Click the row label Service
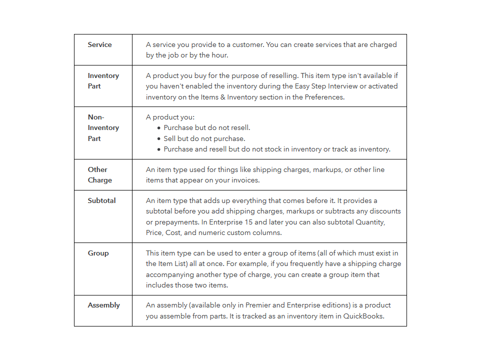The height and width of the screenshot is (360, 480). tap(99, 44)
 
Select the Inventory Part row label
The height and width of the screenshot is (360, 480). tap(103, 81)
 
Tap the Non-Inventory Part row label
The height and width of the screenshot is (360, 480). tap(103, 127)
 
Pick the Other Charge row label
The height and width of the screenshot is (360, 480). tap(99, 174)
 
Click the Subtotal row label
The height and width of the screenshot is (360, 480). tap(101, 200)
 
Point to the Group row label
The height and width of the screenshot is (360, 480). tap(98, 253)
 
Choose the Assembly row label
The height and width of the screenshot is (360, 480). tap(103, 305)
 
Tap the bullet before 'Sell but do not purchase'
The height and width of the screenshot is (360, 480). tap(159, 138)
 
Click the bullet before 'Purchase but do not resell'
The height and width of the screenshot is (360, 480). tap(159, 128)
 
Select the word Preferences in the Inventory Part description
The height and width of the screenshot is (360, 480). tap(324, 97)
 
